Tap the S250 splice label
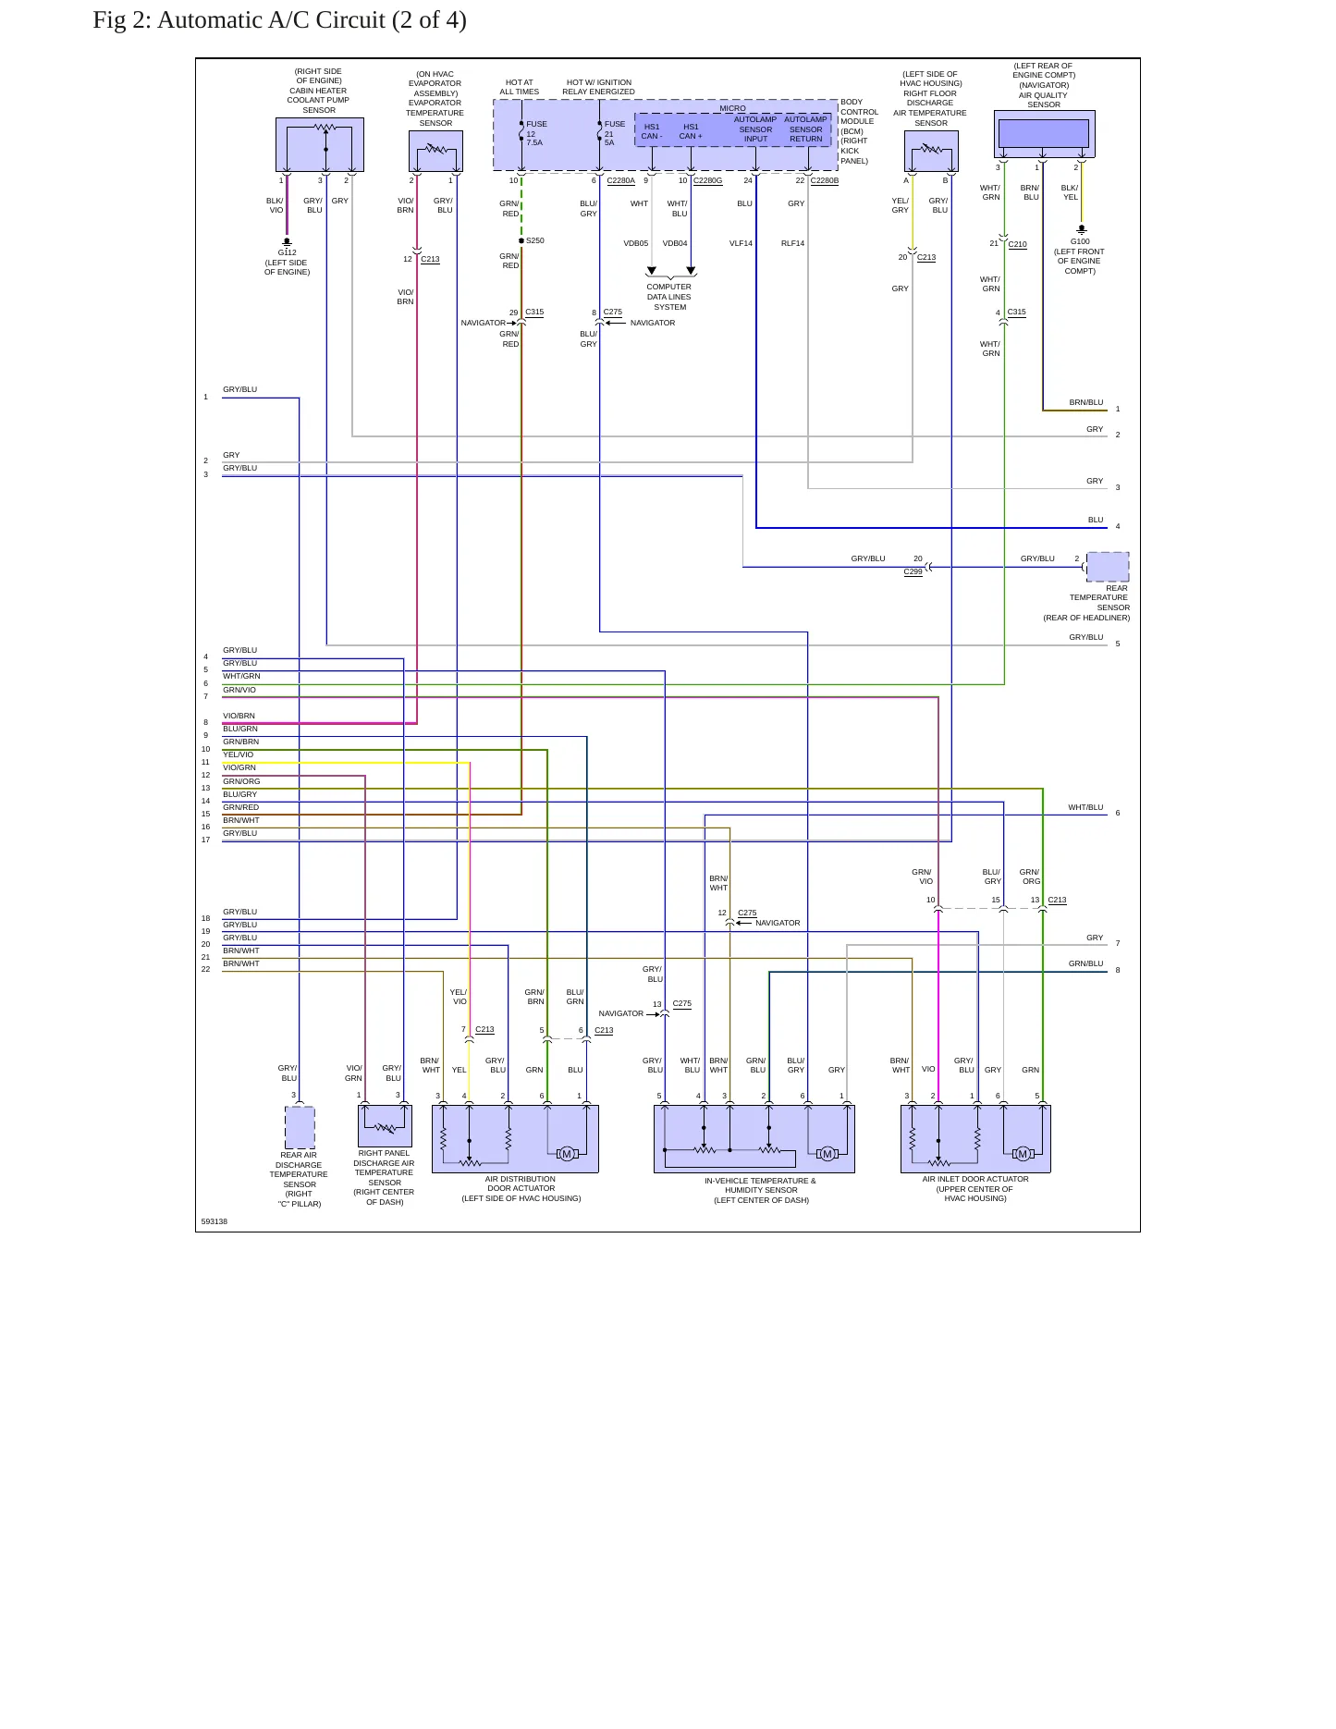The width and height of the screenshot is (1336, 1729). pyautogui.click(x=535, y=240)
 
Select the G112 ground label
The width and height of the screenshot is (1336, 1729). pyautogui.click(x=287, y=252)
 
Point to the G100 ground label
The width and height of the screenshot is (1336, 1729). pyautogui.click(x=1080, y=241)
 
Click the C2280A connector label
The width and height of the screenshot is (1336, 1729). pyautogui.click(x=620, y=180)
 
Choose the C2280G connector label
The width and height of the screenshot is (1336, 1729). pyautogui.click(x=707, y=180)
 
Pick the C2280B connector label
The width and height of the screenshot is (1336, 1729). pyautogui.click(x=825, y=180)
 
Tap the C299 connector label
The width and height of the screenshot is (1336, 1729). pyautogui.click(x=913, y=571)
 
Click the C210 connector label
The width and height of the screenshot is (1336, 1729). pyautogui.click(x=1017, y=244)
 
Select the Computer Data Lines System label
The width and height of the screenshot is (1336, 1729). pyautogui.click(x=669, y=297)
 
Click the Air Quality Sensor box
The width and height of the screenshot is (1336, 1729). pyautogui.click(x=1044, y=134)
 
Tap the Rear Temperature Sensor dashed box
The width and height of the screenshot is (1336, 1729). pyautogui.click(x=1108, y=566)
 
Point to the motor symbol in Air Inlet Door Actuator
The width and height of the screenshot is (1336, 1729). pyautogui.click(x=1022, y=1153)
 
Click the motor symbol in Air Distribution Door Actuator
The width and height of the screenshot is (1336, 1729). pyautogui.click(x=567, y=1153)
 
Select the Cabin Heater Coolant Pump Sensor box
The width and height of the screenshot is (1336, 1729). pyautogui.click(x=320, y=144)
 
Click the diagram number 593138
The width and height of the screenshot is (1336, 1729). pyautogui.click(x=214, y=1221)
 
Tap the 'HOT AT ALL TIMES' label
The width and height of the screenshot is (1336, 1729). pyautogui.click(x=520, y=87)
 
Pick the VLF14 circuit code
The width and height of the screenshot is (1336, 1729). pyautogui.click(x=741, y=243)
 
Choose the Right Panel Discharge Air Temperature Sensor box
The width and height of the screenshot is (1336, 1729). pyautogui.click(x=385, y=1126)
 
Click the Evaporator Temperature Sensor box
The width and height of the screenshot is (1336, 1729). pyautogui.click(x=435, y=151)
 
